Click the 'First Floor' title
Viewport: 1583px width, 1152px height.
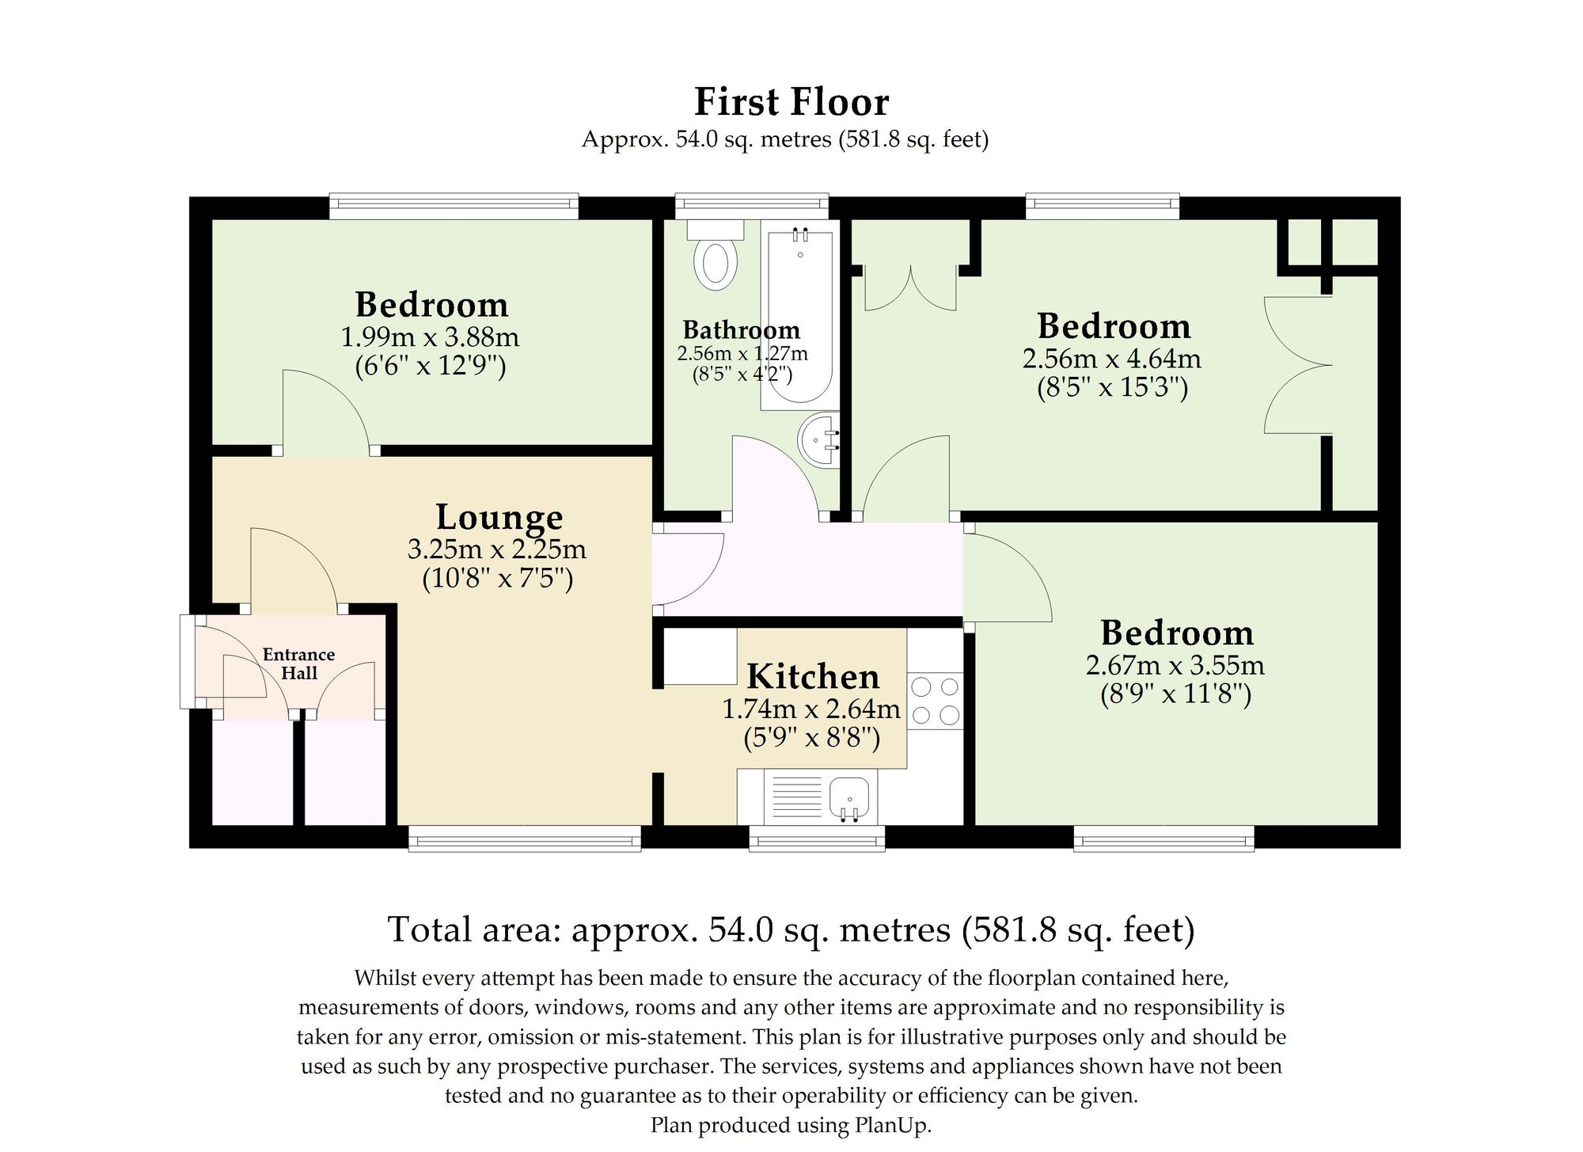coord(791,102)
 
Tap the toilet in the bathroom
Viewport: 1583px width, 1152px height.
coord(716,254)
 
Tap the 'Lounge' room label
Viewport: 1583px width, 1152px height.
coord(499,518)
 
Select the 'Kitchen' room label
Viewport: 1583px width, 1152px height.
coord(814,677)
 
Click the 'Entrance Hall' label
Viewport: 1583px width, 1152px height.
coord(299,663)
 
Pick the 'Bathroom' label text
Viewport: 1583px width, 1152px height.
coord(742,329)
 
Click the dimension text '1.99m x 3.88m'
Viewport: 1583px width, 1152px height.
coord(430,337)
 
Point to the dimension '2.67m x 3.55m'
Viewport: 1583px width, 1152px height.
coord(1175,665)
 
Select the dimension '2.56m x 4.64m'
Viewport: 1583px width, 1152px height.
coord(1112,359)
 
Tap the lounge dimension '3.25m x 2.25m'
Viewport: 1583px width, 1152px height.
coord(497,549)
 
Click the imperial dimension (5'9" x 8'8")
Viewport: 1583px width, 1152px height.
coord(812,738)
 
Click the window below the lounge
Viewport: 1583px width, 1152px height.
coord(525,838)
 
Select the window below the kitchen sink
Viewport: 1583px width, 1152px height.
coord(817,838)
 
